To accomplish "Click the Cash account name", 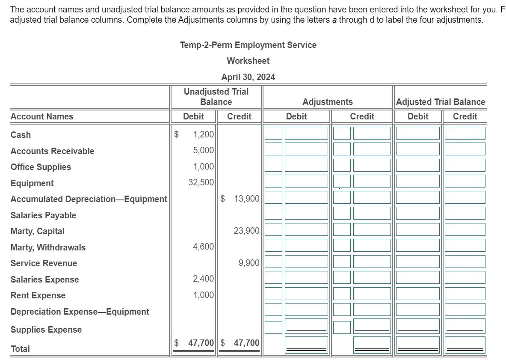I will pos(21,135).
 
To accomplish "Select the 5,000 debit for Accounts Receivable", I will pos(203,151).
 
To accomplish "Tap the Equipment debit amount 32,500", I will pos(201,182).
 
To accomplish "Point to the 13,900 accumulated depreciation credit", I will pos(246,199).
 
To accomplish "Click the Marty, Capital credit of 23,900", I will pos(246,231).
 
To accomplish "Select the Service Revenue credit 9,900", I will pos(249,263).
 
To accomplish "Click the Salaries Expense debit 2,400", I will pos(203,279).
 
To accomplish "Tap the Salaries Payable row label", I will pos(43,215).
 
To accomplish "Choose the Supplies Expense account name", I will pos(46,330).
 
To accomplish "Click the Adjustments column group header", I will pos(328,102).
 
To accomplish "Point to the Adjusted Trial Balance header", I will pos(441,102).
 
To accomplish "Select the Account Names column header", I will pos(42,116).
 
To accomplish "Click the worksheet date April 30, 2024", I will pos(248,77).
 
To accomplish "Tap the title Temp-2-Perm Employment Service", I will pos(248,45).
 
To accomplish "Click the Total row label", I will pos(20,349).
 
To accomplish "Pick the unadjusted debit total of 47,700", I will pos(201,343).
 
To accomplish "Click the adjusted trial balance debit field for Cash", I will pos(417,133).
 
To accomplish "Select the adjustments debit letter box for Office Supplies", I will pos(273,165).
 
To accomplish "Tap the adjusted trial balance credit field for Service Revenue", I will pos(465,262).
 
